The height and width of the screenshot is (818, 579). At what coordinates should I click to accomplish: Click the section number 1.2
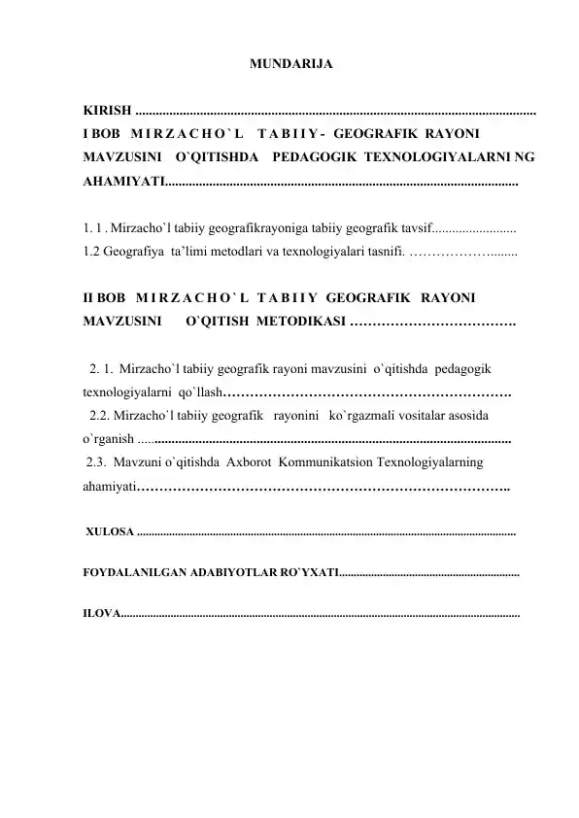94,253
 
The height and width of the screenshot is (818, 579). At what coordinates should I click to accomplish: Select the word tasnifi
378,253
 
